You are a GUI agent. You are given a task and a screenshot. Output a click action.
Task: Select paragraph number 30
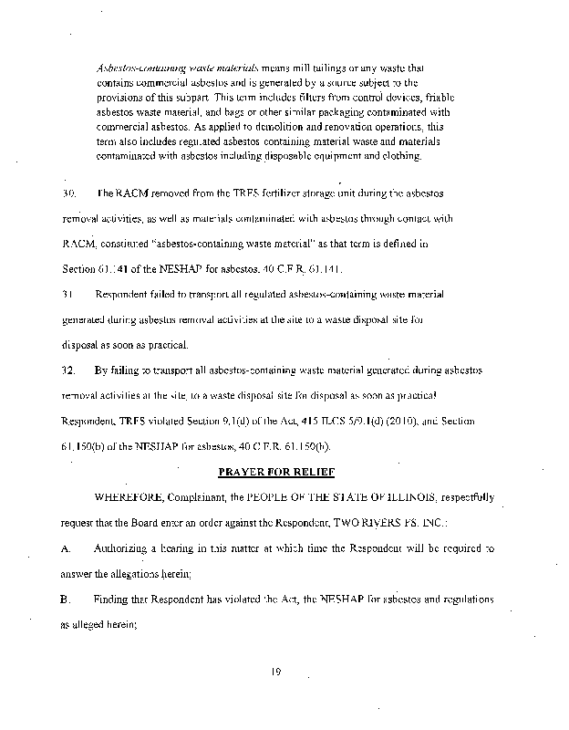point(68,194)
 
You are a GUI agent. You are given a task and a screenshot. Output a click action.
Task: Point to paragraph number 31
point(67,296)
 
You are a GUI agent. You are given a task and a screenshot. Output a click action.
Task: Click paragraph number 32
point(68,371)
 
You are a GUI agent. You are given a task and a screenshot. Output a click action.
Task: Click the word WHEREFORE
point(128,497)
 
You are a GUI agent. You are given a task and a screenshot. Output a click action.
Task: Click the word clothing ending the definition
point(402,156)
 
